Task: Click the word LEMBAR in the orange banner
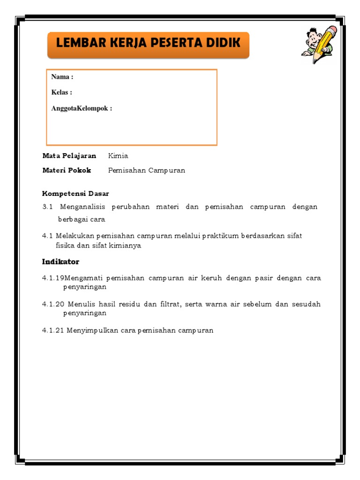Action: pyautogui.click(x=77, y=43)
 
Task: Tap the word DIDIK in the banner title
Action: pyautogui.click(x=223, y=43)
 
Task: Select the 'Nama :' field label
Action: pyautogui.click(x=62, y=77)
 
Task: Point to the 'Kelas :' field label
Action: pyautogui.click(x=62, y=92)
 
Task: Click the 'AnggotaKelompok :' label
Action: pyautogui.click(x=82, y=108)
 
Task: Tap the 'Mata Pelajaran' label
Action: pyautogui.click(x=69, y=156)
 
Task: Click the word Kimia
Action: pyautogui.click(x=118, y=156)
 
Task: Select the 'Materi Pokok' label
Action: pyautogui.click(x=67, y=170)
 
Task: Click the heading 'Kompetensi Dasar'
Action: pyautogui.click(x=75, y=194)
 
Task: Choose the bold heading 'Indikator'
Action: pyautogui.click(x=61, y=262)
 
